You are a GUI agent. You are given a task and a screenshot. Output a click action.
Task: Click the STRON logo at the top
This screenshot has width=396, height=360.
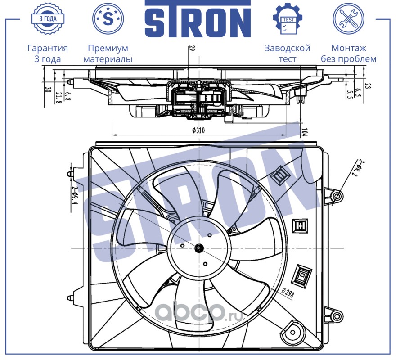pyautogui.click(x=198, y=19)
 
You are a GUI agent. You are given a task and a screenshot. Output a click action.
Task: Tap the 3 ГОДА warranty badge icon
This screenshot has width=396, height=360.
pyautogui.click(x=48, y=18)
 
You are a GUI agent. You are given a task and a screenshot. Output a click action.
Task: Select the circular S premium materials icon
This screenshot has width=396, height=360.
pyautogui.click(x=108, y=18)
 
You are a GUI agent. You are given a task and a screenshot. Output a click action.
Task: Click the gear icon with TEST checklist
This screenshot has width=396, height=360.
pyautogui.click(x=288, y=18)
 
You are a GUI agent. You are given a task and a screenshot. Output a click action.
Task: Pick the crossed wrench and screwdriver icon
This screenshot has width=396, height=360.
pyautogui.click(x=348, y=18)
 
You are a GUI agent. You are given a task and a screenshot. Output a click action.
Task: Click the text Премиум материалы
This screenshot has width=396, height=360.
pyautogui.click(x=108, y=53)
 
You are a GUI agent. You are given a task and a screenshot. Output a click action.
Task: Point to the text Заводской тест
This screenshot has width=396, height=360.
pyautogui.click(x=288, y=53)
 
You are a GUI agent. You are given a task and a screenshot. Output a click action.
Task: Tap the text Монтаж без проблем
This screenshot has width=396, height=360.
pyautogui.click(x=348, y=53)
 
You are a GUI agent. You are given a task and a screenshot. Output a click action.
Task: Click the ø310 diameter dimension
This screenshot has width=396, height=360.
pyautogui.click(x=198, y=130)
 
